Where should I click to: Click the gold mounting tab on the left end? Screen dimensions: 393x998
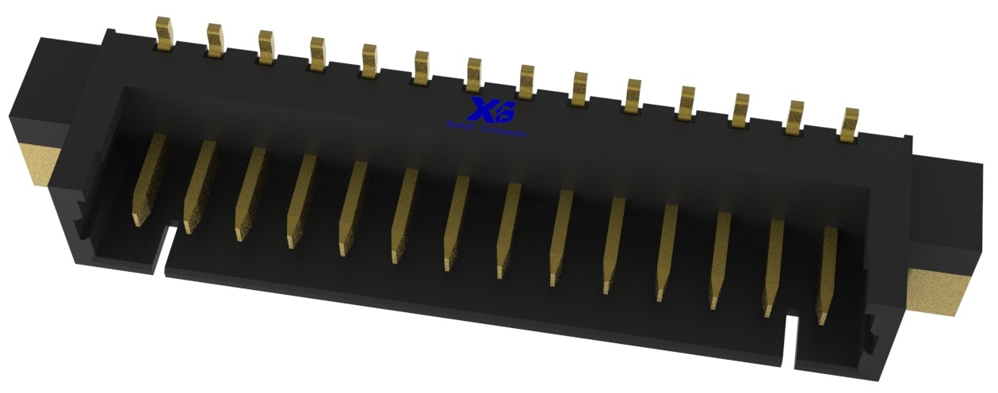(40, 165)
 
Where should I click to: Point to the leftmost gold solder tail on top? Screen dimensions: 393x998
(165, 33)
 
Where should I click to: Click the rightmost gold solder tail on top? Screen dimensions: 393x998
(849, 124)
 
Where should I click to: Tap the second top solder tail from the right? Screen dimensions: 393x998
(795, 116)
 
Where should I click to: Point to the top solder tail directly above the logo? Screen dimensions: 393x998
(474, 74)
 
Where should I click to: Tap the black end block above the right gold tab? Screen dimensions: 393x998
(950, 206)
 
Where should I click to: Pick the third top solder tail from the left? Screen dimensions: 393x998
(266, 47)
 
